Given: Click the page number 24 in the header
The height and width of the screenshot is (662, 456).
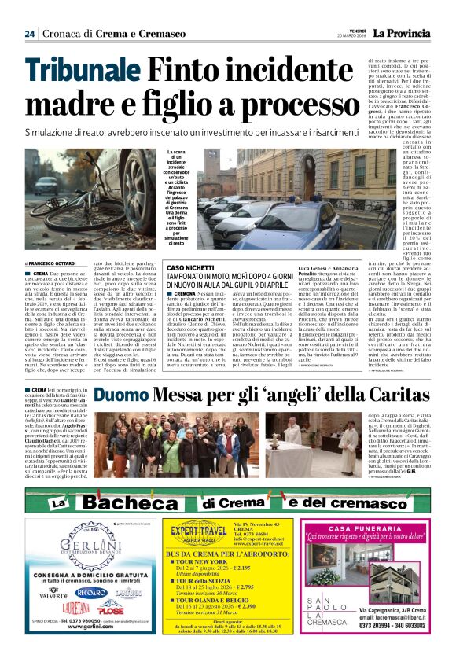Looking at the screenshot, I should click(x=29, y=33).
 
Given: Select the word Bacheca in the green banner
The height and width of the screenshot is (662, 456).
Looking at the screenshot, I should click(x=134, y=502).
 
